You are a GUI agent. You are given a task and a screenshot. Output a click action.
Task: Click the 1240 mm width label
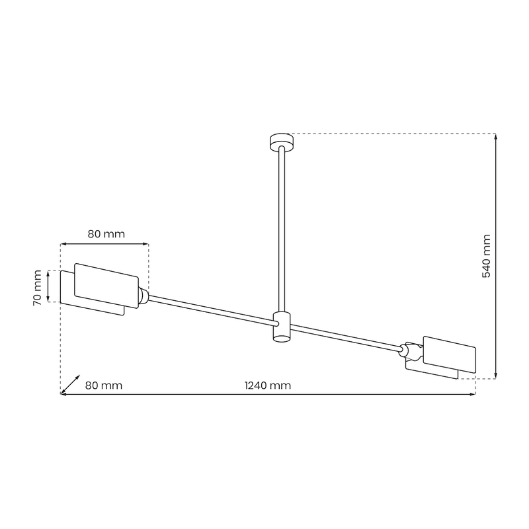point(267,385)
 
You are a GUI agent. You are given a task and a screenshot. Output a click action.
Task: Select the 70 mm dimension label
point(38,288)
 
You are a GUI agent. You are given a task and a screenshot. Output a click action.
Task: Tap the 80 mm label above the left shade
point(106,234)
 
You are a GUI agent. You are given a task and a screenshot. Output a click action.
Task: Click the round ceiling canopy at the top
point(280,140)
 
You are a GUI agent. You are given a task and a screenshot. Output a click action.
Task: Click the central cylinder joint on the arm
point(282,327)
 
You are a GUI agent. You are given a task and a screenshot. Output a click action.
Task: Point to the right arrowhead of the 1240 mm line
point(473,395)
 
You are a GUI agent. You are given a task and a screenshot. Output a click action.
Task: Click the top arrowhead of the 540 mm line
point(496,136)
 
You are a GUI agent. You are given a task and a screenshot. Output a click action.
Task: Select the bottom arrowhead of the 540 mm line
point(496,376)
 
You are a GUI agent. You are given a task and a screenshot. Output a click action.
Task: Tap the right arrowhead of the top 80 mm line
point(145,245)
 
